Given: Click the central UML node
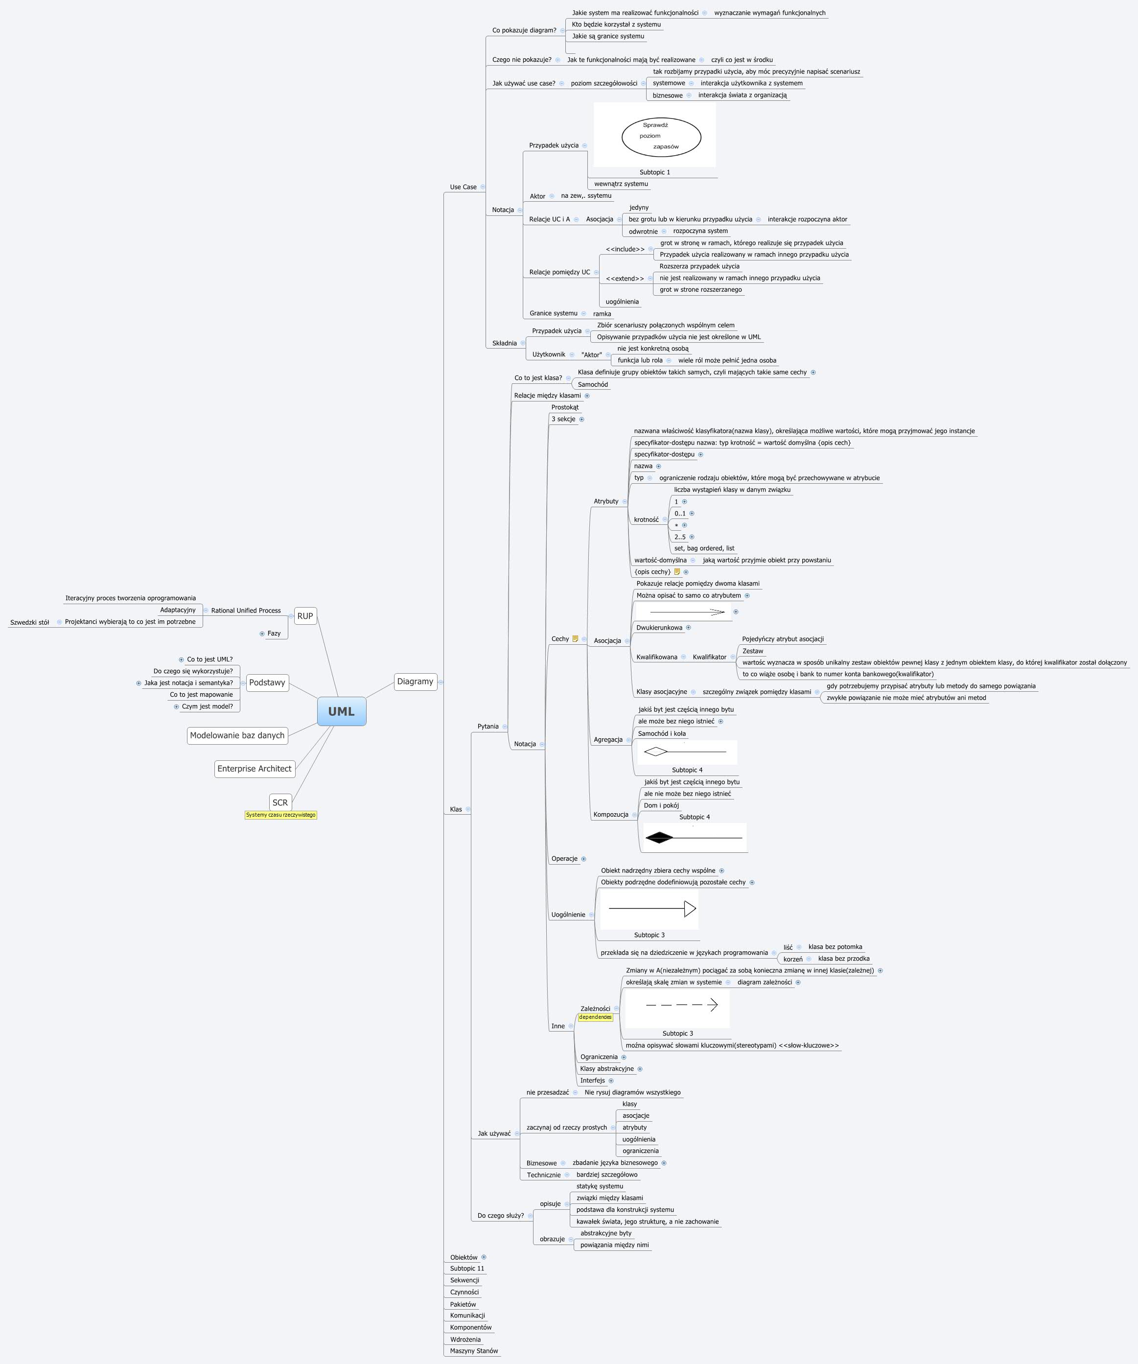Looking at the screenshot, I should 342,711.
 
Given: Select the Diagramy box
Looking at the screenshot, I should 415,682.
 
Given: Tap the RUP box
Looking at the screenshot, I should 305,616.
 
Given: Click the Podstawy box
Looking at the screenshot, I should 267,682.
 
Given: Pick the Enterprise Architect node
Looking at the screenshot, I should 255,768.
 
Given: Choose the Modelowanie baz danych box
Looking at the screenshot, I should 237,735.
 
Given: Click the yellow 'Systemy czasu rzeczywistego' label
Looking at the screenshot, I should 280,815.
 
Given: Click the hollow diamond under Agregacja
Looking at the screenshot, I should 656,752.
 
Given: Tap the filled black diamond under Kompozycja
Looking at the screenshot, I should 660,837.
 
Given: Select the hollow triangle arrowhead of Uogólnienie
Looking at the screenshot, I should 690,908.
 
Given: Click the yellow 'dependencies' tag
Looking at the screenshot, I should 595,1017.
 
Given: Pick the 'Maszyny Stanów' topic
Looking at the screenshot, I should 474,1351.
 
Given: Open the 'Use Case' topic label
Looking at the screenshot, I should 463,187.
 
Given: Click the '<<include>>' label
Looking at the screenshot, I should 625,249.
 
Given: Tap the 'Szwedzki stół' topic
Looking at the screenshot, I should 29,622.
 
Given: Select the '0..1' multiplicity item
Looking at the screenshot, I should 680,513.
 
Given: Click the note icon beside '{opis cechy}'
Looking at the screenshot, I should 677,571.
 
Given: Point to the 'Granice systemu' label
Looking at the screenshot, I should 553,313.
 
